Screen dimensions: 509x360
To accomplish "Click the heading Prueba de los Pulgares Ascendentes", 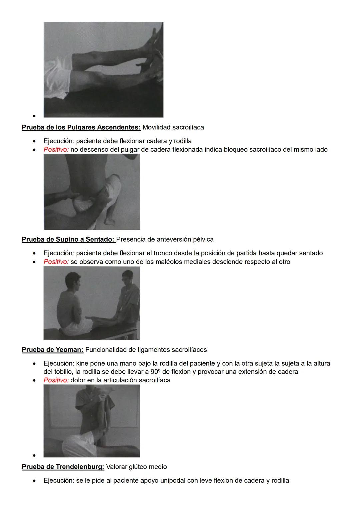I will pyautogui.click(x=81, y=127).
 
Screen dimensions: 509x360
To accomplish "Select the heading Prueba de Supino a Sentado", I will pyautogui.click(x=68, y=239).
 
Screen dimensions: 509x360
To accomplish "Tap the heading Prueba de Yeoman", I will pyautogui.click(x=52, y=350).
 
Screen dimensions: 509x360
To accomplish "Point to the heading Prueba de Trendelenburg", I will pyautogui.click(x=63, y=467).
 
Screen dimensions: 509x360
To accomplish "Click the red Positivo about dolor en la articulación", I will pyautogui.click(x=56, y=380).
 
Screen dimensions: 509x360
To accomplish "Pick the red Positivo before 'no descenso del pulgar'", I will pyautogui.click(x=56, y=149).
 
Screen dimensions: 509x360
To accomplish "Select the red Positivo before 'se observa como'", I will pyautogui.click(x=56, y=262).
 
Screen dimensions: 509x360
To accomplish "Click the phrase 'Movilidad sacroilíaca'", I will pyautogui.click(x=173, y=127).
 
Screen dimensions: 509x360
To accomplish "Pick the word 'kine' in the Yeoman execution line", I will pyautogui.click(x=82, y=363).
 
